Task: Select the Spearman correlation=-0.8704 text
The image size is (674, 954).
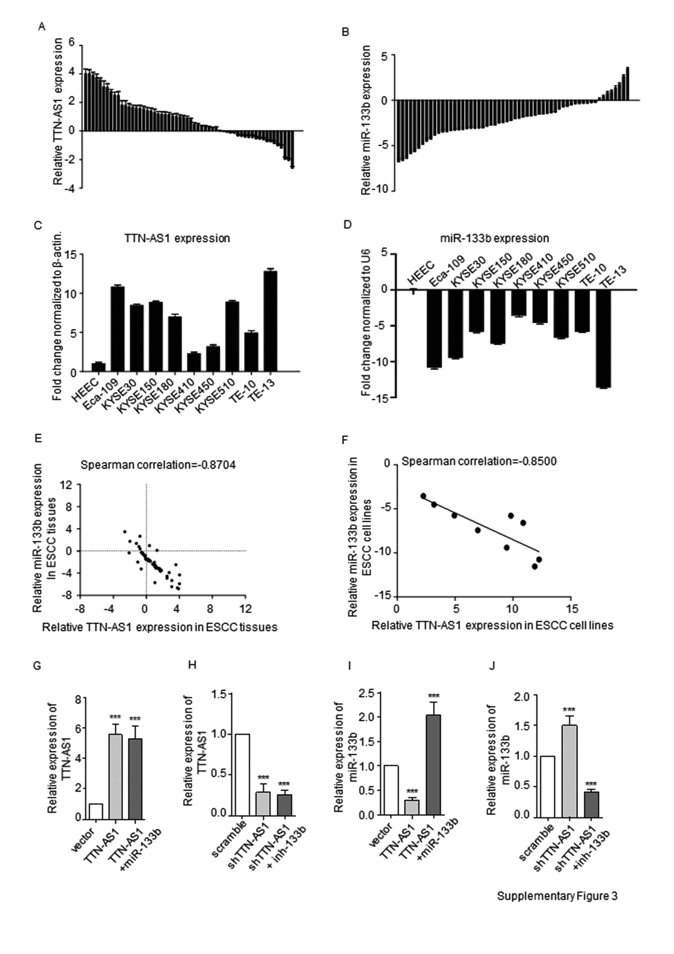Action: click(158, 465)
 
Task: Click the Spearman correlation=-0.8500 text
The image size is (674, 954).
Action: click(479, 461)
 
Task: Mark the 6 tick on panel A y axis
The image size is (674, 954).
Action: click(72, 44)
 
